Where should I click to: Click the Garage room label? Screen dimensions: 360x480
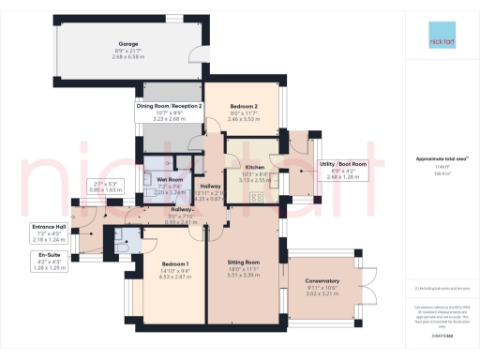coord(129,42)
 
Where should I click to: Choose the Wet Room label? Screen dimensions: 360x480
coord(170,179)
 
